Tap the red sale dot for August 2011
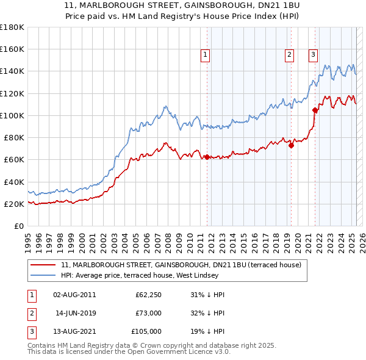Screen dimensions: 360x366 [x=207, y=157]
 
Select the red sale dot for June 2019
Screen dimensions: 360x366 [x=291, y=145]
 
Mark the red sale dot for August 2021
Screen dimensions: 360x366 [x=315, y=110]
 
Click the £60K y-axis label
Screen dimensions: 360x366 [x=15, y=159]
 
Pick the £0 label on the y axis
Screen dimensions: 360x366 [x=20, y=226]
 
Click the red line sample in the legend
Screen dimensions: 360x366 [x=43, y=265]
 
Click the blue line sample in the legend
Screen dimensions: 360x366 [x=43, y=276]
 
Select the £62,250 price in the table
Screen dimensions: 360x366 [x=148, y=295]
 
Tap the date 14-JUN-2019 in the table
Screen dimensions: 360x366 [x=76, y=313]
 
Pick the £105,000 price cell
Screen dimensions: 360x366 [x=146, y=331]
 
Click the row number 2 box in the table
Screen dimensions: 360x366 [x=31, y=313]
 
